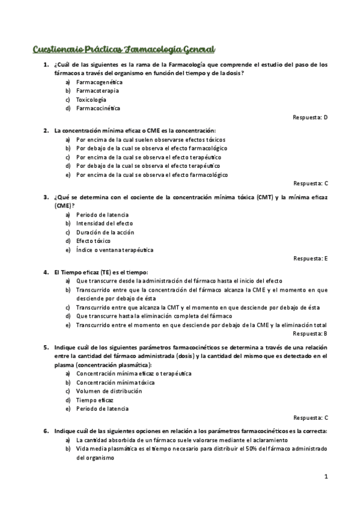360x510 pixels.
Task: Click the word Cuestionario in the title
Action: [x=55, y=49]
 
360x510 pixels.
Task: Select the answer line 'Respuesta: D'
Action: [x=310, y=117]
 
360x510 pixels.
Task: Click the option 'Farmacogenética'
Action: [x=99, y=81]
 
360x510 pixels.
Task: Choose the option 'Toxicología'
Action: [x=91, y=99]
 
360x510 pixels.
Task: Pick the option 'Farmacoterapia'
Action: [x=97, y=90]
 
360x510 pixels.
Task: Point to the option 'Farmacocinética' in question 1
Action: [x=98, y=108]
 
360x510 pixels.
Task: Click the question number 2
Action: [x=46, y=130]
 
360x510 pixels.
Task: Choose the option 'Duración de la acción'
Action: [x=105, y=232]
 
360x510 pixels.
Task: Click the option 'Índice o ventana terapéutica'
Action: [x=115, y=250]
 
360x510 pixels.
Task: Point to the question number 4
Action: [x=46, y=272]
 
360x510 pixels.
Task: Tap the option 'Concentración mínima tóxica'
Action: [x=115, y=382]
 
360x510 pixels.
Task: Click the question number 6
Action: [x=46, y=431]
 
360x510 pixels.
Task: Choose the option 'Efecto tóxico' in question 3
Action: [x=94, y=241]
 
